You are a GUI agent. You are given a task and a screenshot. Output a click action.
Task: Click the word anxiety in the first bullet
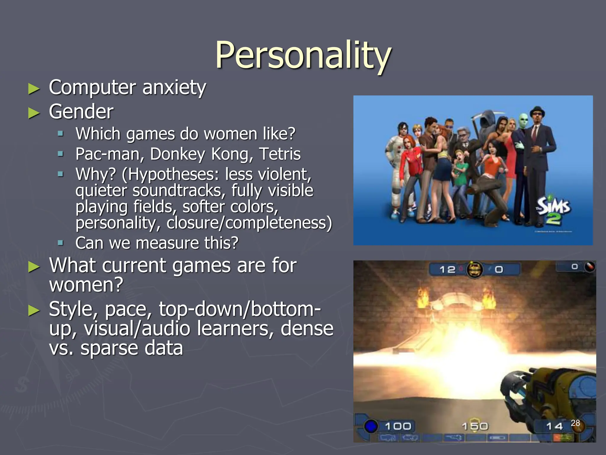[174, 88]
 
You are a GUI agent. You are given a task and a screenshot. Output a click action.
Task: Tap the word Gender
[81, 112]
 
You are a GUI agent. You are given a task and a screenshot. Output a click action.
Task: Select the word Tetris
[280, 154]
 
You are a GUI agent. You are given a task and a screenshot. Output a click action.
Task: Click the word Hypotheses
[173, 174]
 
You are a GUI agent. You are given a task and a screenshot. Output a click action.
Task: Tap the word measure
[167, 243]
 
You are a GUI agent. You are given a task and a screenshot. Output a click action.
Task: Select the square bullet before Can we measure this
[61, 243]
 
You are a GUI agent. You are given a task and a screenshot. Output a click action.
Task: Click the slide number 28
[575, 423]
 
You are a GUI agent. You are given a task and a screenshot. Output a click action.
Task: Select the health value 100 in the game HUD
[398, 426]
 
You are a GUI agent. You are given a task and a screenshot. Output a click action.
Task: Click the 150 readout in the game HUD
[475, 426]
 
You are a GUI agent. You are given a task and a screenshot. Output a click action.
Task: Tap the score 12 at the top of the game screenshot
[447, 270]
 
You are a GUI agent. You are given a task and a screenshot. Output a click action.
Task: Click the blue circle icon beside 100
[370, 427]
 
